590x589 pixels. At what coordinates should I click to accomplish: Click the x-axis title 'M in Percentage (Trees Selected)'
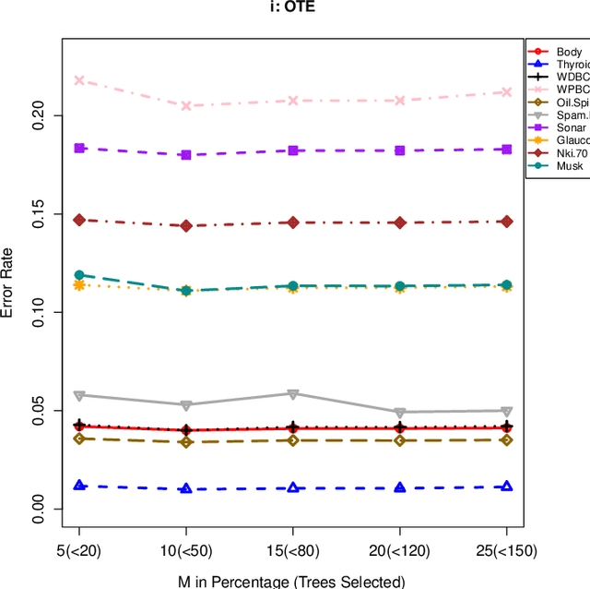click(293, 581)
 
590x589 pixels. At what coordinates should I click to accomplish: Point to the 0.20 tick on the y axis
click(40, 115)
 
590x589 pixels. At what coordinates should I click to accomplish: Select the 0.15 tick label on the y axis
click(40, 214)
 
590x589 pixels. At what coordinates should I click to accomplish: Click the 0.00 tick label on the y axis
click(40, 509)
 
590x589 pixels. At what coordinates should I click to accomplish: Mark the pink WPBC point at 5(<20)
click(79, 80)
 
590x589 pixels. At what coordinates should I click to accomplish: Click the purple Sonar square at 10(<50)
click(186, 155)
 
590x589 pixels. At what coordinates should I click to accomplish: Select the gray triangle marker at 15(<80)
click(293, 394)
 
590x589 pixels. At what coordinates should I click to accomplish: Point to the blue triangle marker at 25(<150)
click(506, 486)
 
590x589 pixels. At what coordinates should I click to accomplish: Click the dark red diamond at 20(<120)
click(399, 222)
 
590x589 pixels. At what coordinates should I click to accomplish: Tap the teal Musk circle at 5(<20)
click(79, 275)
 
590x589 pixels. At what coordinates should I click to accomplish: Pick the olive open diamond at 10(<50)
click(186, 442)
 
